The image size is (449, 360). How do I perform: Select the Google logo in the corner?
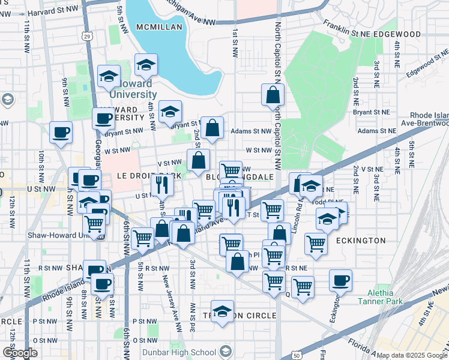pyautogui.click(x=19, y=353)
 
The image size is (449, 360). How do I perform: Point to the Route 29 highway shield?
pyautogui.click(x=88, y=37)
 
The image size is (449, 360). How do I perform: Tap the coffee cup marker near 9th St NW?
pyautogui.click(x=61, y=132)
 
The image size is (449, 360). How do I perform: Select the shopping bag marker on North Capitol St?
pyautogui.click(x=273, y=94)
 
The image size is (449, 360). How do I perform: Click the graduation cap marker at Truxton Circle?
pyautogui.click(x=222, y=311)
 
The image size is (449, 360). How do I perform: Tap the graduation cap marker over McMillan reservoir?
pyautogui.click(x=146, y=65)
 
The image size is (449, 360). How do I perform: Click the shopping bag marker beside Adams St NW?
pyautogui.click(x=212, y=127)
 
